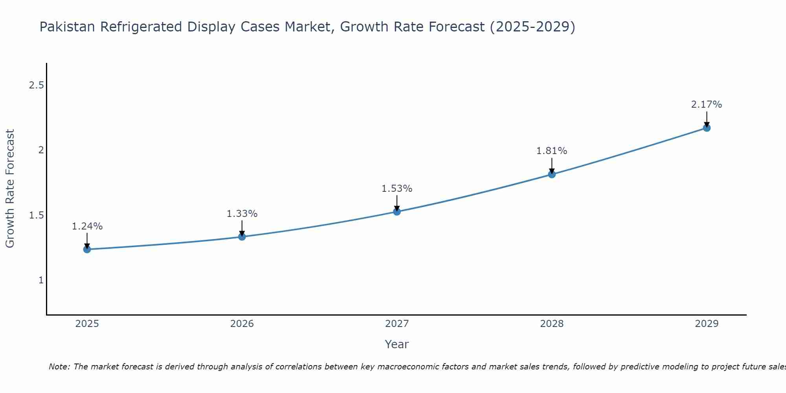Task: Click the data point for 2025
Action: [87, 249]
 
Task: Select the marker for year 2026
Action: [242, 237]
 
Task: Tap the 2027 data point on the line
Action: [397, 211]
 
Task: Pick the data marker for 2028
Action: [551, 174]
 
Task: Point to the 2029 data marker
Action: [706, 128]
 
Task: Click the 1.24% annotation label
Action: [87, 226]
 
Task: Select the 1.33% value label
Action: [242, 214]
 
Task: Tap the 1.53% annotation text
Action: [397, 189]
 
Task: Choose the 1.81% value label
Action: [551, 151]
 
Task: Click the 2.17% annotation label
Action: [706, 105]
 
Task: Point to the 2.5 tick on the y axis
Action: [36, 85]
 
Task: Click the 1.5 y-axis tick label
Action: [36, 215]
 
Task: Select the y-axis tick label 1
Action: [41, 280]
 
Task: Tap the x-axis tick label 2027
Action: [397, 324]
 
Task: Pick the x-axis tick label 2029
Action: [706, 324]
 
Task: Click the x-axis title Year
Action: [397, 344]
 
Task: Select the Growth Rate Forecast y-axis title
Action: [10, 189]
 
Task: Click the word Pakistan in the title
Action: [67, 27]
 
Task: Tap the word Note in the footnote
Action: [59, 367]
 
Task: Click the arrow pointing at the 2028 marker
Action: [551, 165]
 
